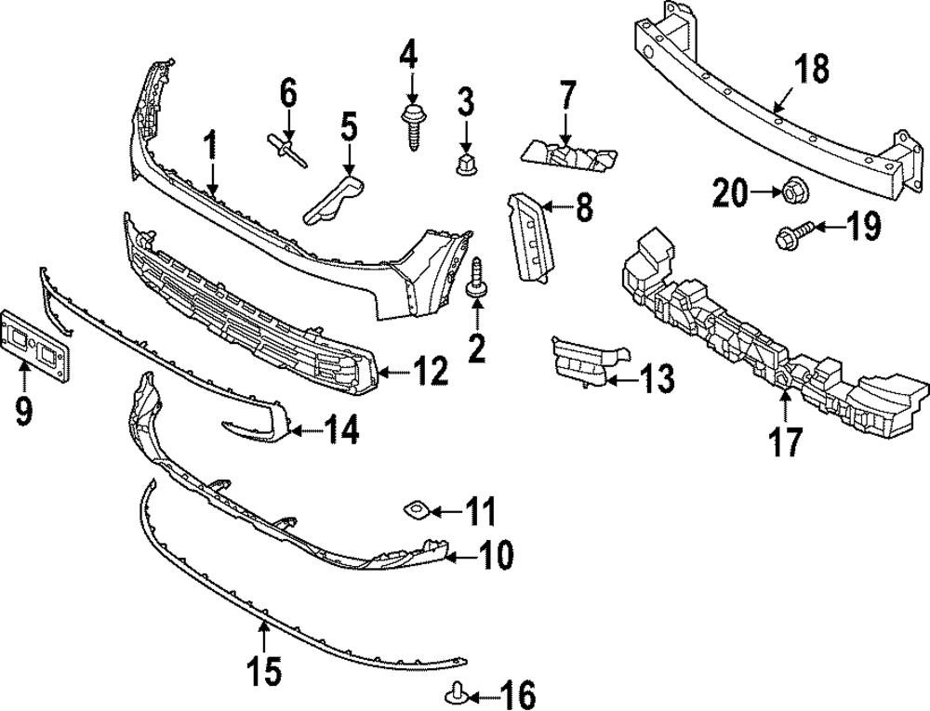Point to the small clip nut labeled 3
(x=466, y=165)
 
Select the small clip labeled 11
(x=413, y=508)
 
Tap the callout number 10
(x=494, y=556)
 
